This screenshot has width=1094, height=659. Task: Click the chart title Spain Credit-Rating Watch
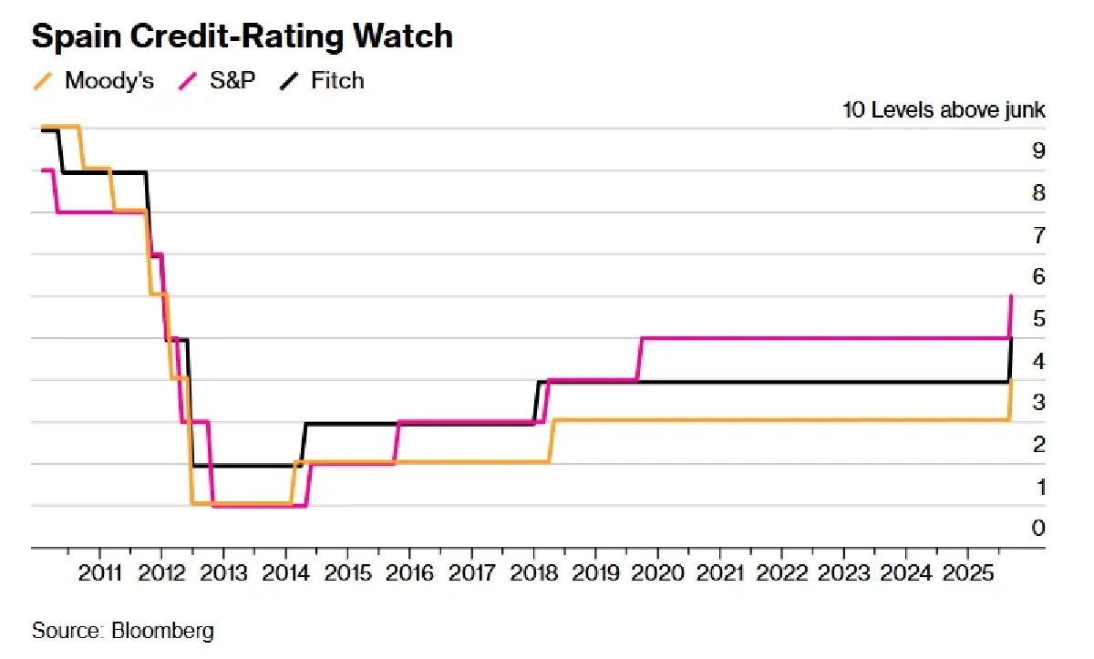242,36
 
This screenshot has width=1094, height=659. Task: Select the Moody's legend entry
108,80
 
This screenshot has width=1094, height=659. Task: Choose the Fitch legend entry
336,80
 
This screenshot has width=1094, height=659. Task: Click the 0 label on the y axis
1037,528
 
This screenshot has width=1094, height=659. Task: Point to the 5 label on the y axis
1037,318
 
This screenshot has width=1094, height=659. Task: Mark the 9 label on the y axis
1037,150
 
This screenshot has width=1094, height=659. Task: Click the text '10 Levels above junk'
944,110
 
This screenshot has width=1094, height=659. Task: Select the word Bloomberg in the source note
163,630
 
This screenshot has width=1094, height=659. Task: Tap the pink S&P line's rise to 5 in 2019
640,357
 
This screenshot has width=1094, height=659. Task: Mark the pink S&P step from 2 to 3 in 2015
397,442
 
